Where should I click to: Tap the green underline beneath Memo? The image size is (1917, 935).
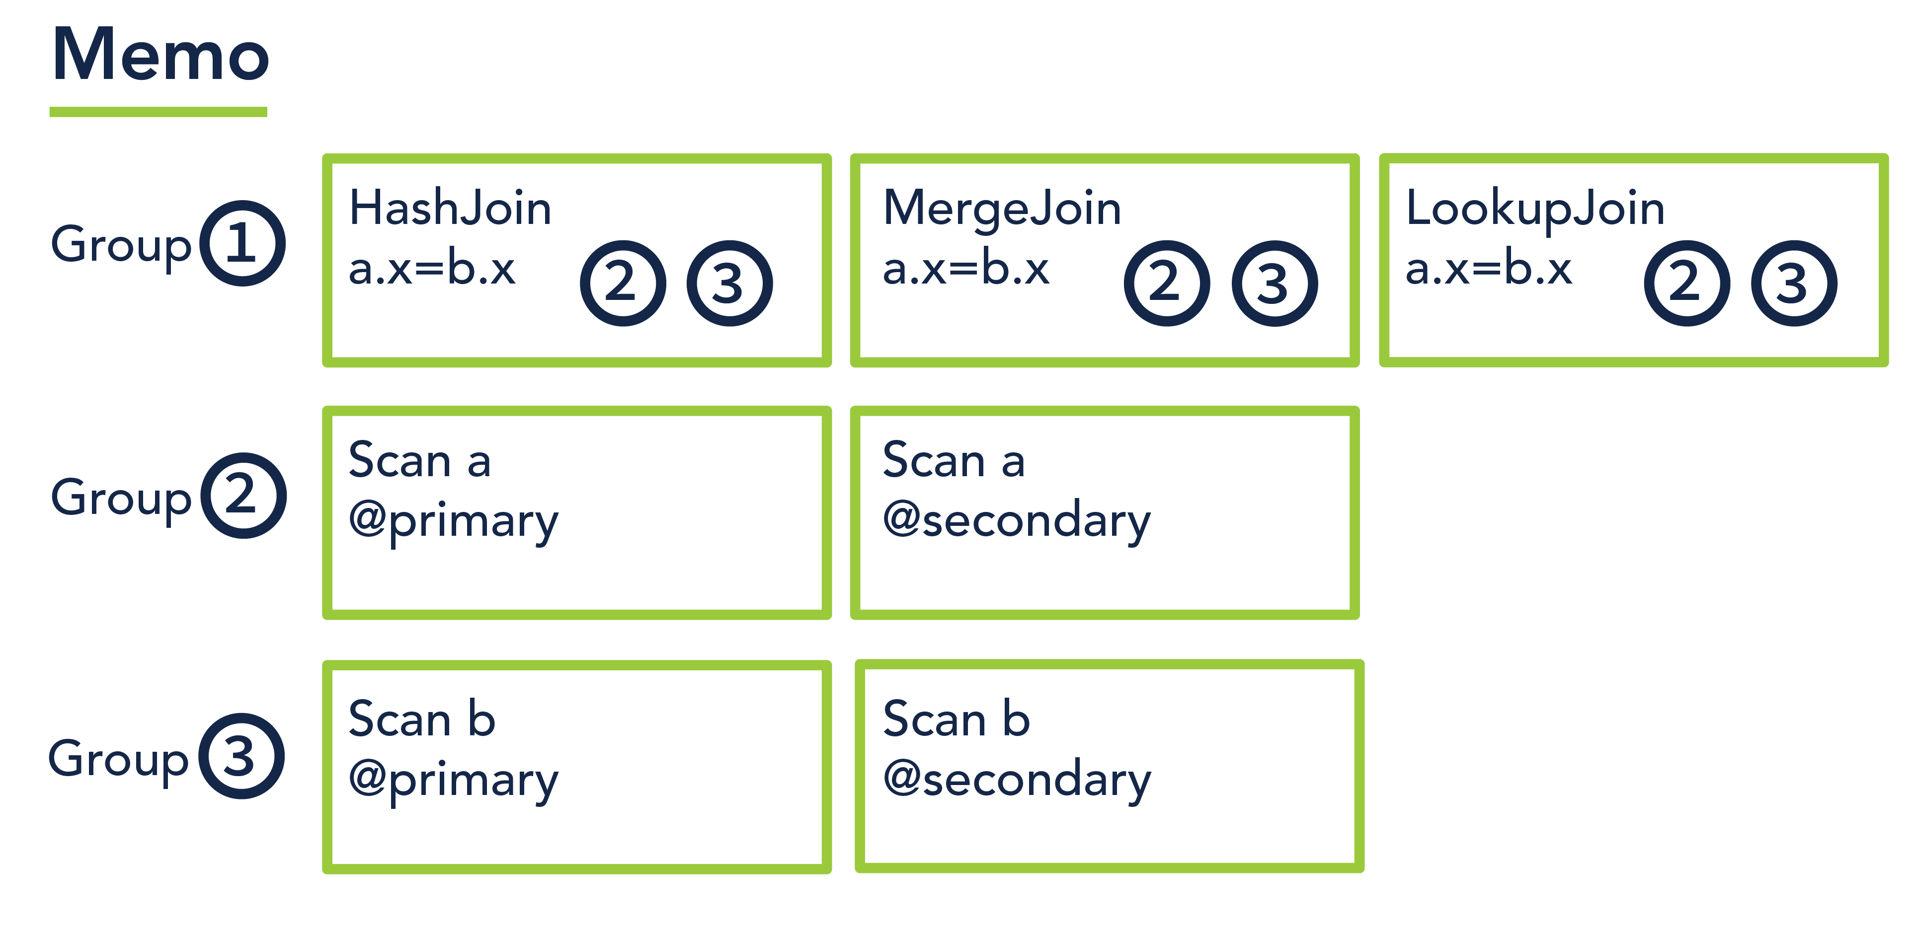pyautogui.click(x=158, y=112)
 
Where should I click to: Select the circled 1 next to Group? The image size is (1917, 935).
pyautogui.click(x=242, y=243)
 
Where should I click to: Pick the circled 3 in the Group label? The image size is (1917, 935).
pyautogui.click(x=241, y=756)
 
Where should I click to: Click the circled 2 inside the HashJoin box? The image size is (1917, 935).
pyautogui.click(x=622, y=283)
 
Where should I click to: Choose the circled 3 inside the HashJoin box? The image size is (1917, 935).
pyautogui.click(x=729, y=283)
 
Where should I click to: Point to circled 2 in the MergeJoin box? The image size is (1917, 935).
pyautogui.click(x=1166, y=283)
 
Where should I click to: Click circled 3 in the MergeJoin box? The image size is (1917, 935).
pyautogui.click(x=1274, y=283)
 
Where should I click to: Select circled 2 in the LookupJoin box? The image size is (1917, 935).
pyautogui.click(x=1686, y=283)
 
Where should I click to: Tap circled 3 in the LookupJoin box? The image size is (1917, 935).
pyautogui.click(x=1793, y=283)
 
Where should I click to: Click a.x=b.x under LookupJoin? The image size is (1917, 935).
pyautogui.click(x=1488, y=269)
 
